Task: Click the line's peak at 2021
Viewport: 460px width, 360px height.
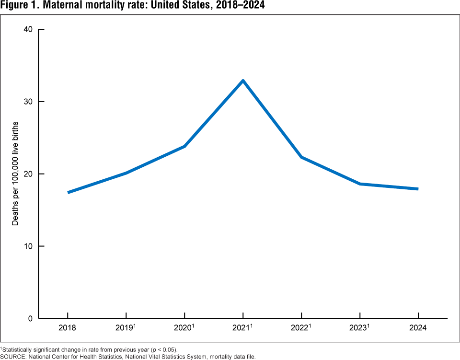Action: coord(243,81)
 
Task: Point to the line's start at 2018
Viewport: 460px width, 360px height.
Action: coord(68,192)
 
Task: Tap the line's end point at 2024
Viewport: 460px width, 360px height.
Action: coord(418,189)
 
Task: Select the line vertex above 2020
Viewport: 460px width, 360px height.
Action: coord(184,146)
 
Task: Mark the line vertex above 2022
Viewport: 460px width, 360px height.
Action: coord(301,157)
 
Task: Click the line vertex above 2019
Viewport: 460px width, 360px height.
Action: coord(126,173)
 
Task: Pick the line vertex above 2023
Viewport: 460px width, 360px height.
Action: coord(360,184)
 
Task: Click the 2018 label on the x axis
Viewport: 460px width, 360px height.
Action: coord(68,328)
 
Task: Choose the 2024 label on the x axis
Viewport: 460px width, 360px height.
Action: coord(418,328)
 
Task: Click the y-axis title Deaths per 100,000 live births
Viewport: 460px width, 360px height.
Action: coord(15,174)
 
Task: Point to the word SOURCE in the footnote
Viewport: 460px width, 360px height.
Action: coord(13,356)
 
